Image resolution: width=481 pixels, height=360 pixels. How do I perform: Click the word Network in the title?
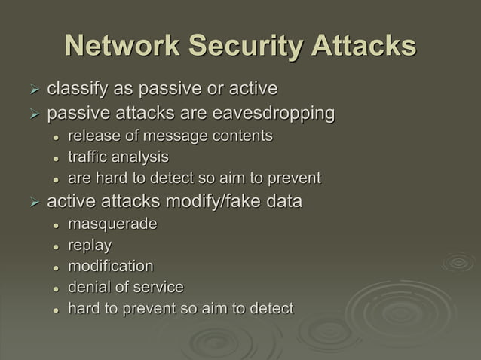click(121, 46)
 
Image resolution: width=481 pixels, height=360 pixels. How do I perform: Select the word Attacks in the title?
click(362, 46)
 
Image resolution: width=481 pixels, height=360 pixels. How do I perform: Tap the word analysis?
click(140, 157)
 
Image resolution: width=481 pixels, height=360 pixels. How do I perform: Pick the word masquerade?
click(112, 224)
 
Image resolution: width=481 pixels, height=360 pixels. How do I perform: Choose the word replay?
click(90, 246)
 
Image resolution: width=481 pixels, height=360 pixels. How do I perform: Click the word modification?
click(110, 267)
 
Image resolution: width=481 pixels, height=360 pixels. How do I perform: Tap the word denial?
click(90, 287)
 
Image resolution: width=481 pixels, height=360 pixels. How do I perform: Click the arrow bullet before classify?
click(33, 90)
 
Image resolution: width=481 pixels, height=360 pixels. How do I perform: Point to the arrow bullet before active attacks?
click(33, 203)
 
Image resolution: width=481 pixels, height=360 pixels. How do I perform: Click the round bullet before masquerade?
click(56, 225)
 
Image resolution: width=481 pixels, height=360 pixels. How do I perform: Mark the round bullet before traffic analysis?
click(56, 158)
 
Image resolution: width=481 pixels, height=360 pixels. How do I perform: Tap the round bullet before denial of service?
click(56, 288)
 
